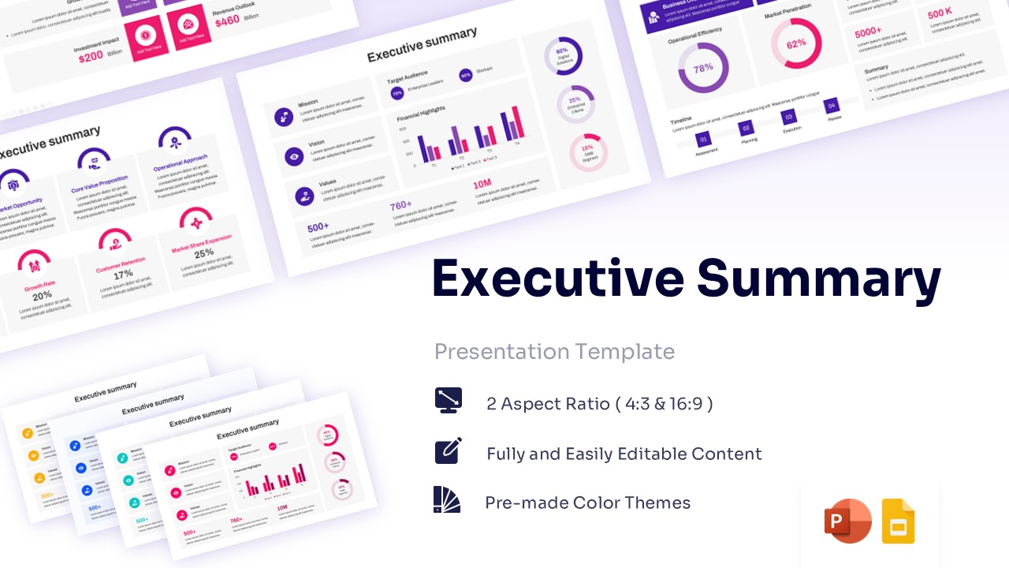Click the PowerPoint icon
pyautogui.click(x=847, y=521)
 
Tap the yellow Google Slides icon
pyautogui.click(x=898, y=521)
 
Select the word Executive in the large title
pyautogui.click(x=557, y=278)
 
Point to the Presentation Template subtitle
pyautogui.click(x=554, y=351)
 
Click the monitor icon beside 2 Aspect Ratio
pyautogui.click(x=448, y=400)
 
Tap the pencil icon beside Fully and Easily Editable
pyautogui.click(x=448, y=450)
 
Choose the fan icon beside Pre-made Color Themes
pyautogui.click(x=447, y=499)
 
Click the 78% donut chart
pyautogui.click(x=703, y=68)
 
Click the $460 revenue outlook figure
pyautogui.click(x=227, y=21)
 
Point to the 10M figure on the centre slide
pyautogui.click(x=482, y=185)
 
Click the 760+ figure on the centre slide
pyautogui.click(x=400, y=206)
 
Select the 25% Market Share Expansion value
pyautogui.click(x=204, y=254)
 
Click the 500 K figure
pyautogui.click(x=940, y=14)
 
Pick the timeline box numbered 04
pyautogui.click(x=831, y=106)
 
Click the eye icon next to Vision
pyautogui.click(x=294, y=156)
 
